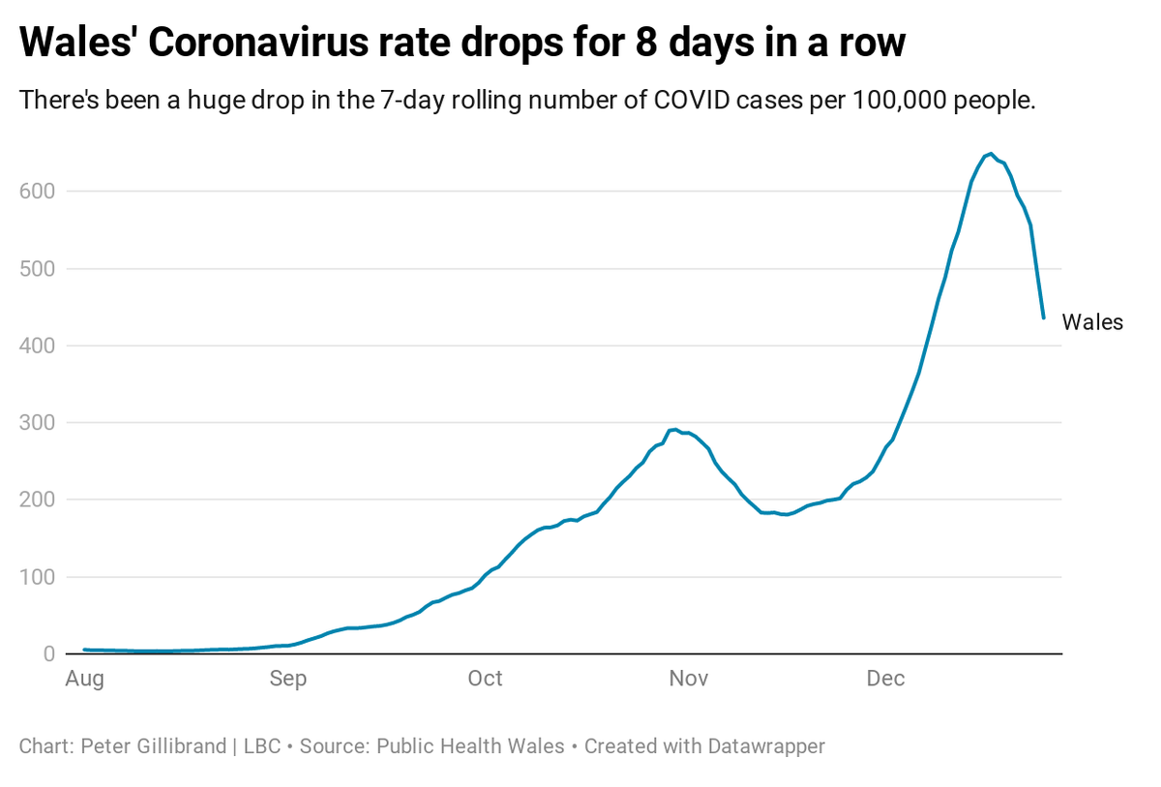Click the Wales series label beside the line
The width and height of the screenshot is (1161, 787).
1092,323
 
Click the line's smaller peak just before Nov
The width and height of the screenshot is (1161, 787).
674,429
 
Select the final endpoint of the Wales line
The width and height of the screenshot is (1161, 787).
1043,318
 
